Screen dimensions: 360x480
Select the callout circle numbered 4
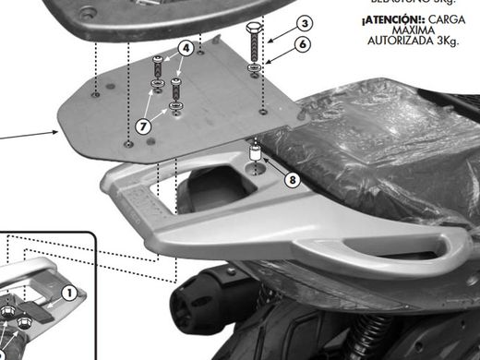tap(186, 47)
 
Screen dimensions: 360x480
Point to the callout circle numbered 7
tap(143, 126)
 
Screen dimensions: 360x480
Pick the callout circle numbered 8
tap(292, 180)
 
